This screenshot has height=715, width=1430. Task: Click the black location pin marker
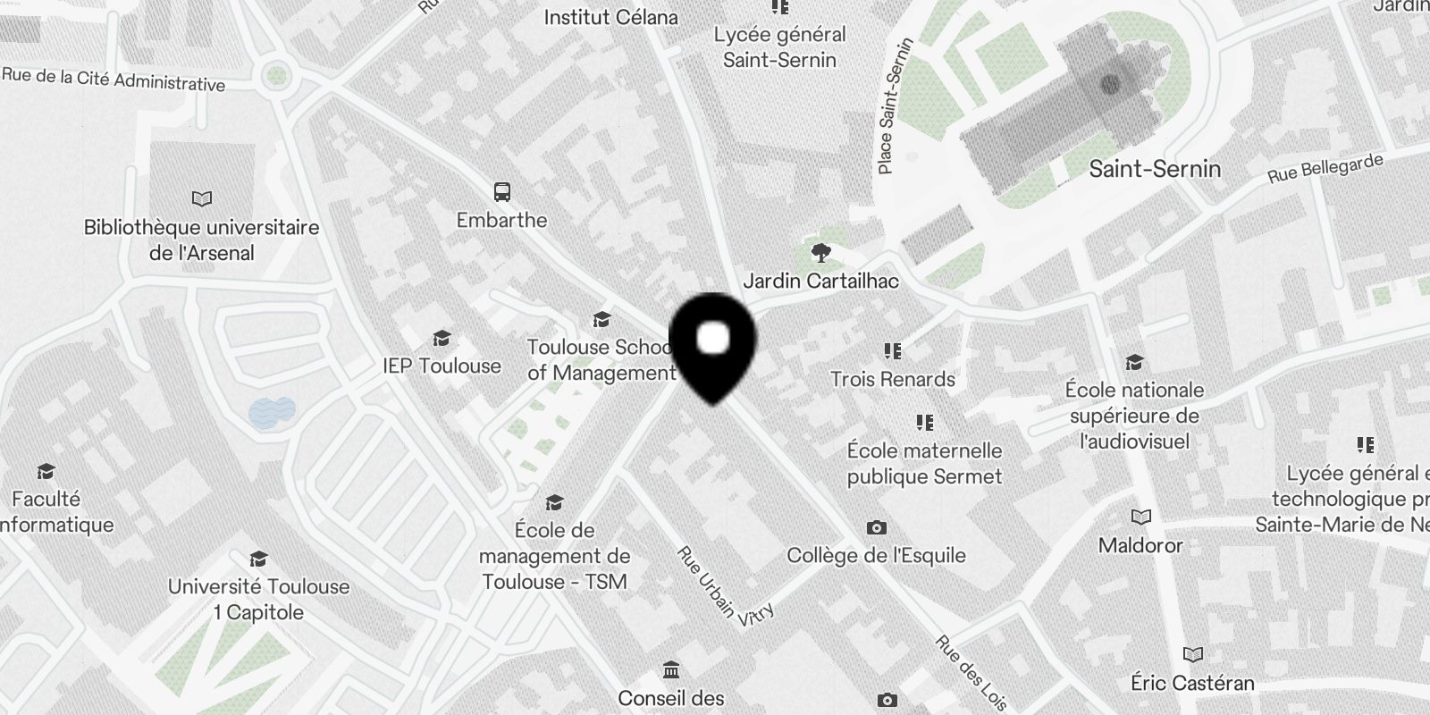tap(712, 344)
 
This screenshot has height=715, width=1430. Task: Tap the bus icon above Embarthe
tap(502, 191)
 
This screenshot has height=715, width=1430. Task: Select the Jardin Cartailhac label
tap(820, 281)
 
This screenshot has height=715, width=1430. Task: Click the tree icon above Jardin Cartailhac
tap(820, 253)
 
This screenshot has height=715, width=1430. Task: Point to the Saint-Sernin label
tap(1154, 169)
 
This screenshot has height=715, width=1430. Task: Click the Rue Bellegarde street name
tap(1325, 169)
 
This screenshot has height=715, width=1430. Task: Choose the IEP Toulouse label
tap(442, 366)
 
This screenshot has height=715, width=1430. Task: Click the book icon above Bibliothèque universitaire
tap(202, 198)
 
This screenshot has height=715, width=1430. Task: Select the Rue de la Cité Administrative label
tap(114, 80)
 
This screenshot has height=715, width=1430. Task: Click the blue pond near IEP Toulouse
tap(272, 411)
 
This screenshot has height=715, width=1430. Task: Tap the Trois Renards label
tap(892, 379)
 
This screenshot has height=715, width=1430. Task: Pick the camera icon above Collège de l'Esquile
tap(877, 527)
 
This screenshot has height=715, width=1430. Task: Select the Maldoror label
tap(1140, 545)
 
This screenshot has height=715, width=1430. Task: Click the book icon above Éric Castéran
tap(1192, 654)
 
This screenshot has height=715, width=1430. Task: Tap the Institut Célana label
tap(610, 17)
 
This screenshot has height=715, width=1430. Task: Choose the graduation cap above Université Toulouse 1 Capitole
tap(258, 559)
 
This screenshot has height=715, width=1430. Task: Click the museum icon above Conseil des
tap(671, 670)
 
